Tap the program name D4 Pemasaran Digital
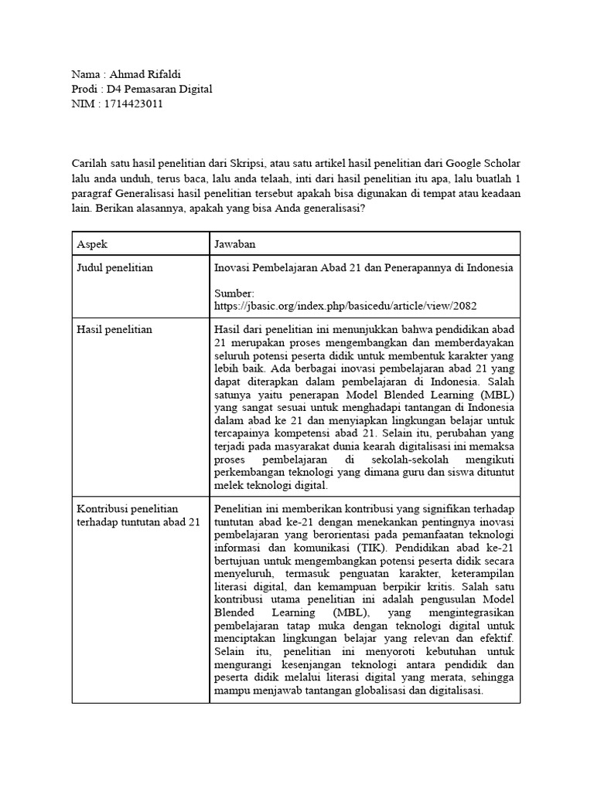[159, 90]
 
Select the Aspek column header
[92, 243]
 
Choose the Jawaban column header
[237, 243]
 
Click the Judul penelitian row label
[114, 268]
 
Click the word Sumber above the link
[234, 294]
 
